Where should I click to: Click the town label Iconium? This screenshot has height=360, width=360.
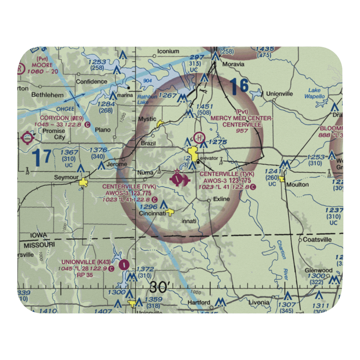click(x=168, y=51)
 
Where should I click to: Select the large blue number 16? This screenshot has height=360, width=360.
click(x=239, y=86)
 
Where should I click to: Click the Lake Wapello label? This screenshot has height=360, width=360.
click(x=314, y=94)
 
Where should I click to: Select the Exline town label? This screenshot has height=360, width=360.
click(x=221, y=199)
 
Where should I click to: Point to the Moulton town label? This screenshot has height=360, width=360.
click(x=297, y=185)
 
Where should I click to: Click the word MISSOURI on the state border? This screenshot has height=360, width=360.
click(x=39, y=245)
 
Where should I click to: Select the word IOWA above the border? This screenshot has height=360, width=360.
click(x=39, y=235)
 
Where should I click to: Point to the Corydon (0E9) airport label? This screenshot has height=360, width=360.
click(x=62, y=118)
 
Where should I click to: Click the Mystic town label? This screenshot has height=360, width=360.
click(x=147, y=119)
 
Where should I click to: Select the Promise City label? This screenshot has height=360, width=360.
click(x=54, y=134)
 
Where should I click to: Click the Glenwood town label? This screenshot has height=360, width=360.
click(x=318, y=270)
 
